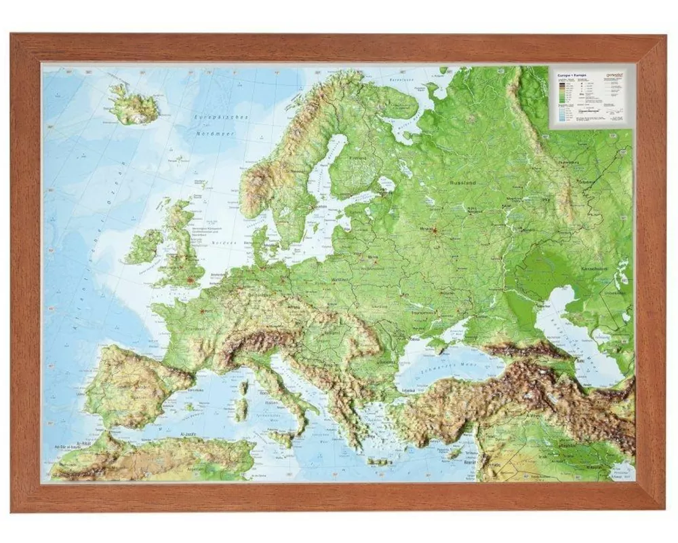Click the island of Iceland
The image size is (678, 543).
pos(134,106)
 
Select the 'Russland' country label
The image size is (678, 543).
pos(462,183)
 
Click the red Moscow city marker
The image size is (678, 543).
pos(434,231)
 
